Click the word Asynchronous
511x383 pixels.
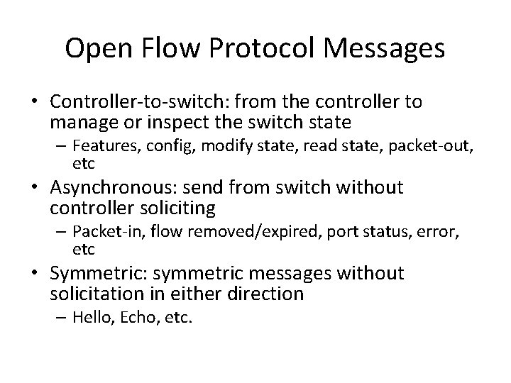[x=101, y=188]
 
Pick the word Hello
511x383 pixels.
[x=89, y=317]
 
